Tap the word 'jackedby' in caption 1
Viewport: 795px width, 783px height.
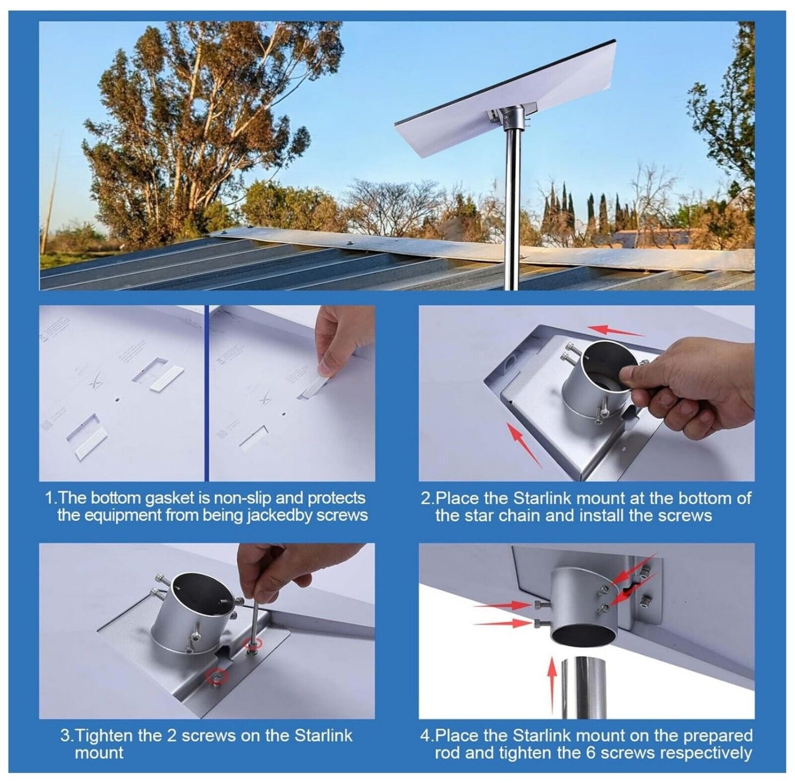tap(278, 516)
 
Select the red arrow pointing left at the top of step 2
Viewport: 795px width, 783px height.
tap(616, 330)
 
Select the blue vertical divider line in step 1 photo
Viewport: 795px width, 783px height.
tap(207, 393)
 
